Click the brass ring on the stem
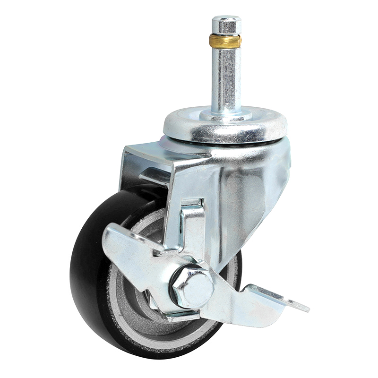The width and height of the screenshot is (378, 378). pyautogui.click(x=226, y=41)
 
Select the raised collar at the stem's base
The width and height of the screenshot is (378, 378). pyautogui.click(x=226, y=115)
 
